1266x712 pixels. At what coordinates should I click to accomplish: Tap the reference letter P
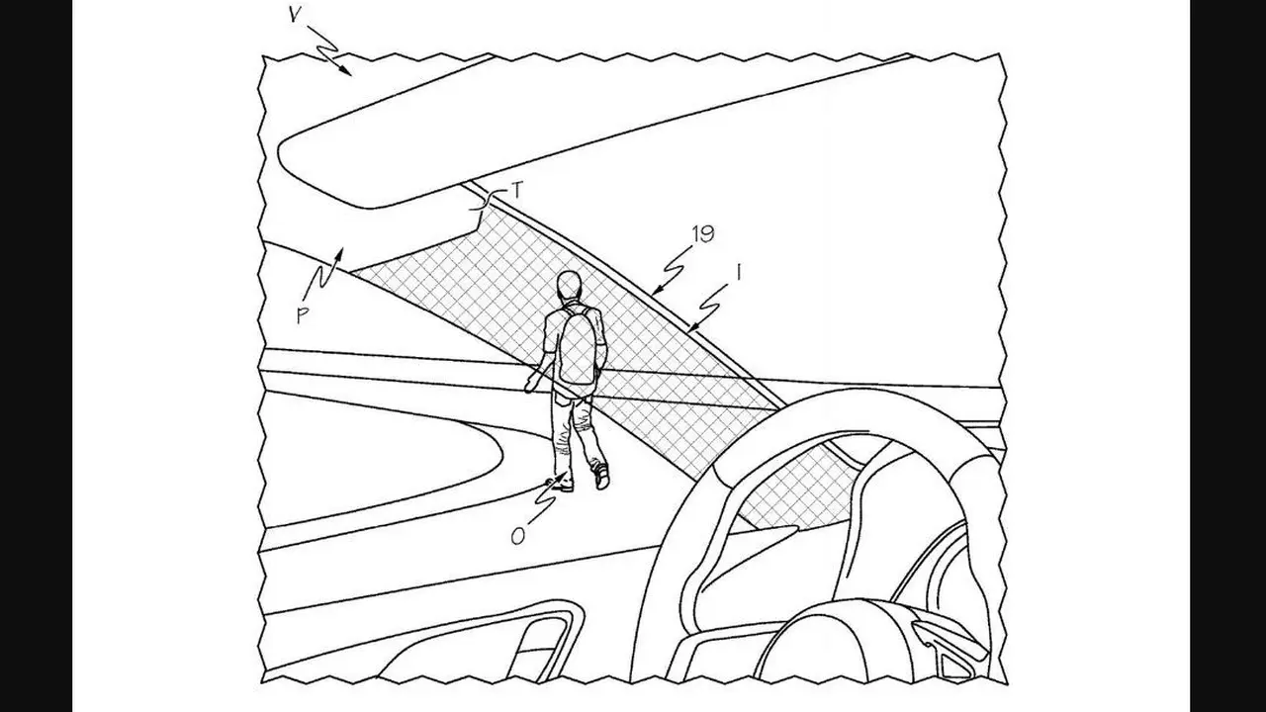(x=303, y=315)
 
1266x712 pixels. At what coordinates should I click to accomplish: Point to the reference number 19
(x=702, y=234)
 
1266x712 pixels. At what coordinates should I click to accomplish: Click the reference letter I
(x=738, y=274)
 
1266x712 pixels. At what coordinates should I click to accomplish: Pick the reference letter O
(x=517, y=536)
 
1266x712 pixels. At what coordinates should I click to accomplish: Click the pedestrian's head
(x=569, y=286)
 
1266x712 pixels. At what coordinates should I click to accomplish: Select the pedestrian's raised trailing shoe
(x=600, y=476)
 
